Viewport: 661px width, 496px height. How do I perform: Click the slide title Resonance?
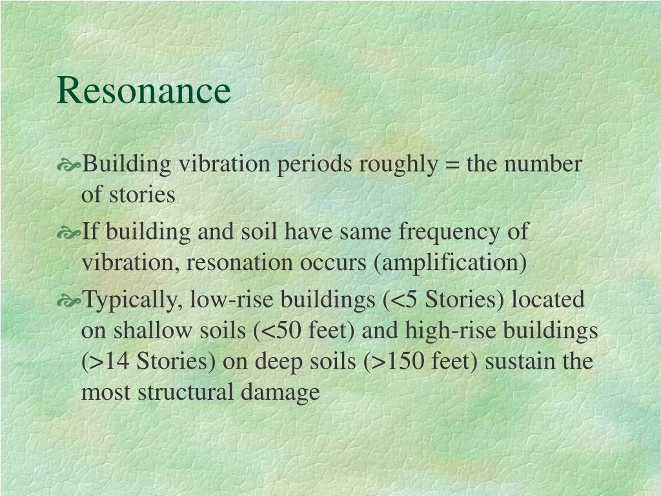pyautogui.click(x=143, y=90)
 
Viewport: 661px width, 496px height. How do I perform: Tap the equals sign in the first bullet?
pyautogui.click(x=451, y=165)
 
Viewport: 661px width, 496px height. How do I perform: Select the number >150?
pyautogui.click(x=393, y=361)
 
